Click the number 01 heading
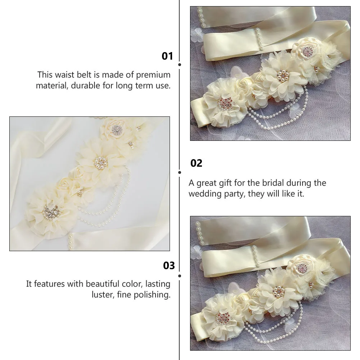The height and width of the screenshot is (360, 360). tap(167, 56)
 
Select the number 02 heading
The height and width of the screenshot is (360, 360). tap(196, 163)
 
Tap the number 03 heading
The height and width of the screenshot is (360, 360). tap(169, 266)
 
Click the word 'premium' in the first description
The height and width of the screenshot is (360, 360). tap(153, 75)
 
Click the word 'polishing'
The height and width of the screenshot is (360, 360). tap(153, 295)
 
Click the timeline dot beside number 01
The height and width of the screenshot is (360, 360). tap(180, 65)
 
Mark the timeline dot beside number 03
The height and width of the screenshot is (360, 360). tap(180, 276)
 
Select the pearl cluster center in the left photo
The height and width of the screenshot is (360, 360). tap(101, 163)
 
